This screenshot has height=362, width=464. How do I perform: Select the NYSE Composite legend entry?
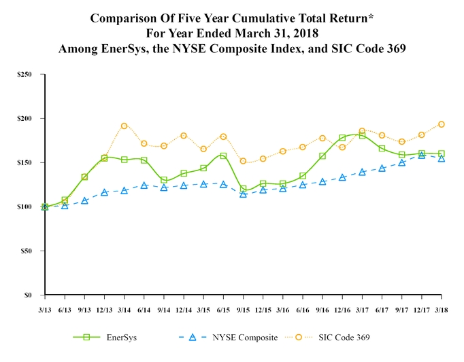pyautogui.click(x=242, y=338)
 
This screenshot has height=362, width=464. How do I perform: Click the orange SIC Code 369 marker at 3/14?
pyautogui.click(x=124, y=126)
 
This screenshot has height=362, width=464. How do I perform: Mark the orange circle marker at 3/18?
pyautogui.click(x=442, y=124)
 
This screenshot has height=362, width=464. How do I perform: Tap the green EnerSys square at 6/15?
pyautogui.click(x=223, y=156)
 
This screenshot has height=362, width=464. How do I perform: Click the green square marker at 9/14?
pyautogui.click(x=164, y=181)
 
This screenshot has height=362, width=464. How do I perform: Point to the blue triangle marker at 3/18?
pyautogui.click(x=442, y=158)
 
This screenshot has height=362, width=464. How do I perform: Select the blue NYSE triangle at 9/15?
pyautogui.click(x=243, y=194)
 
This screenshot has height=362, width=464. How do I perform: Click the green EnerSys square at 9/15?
pyautogui.click(x=243, y=189)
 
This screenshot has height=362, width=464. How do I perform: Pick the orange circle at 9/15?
pyautogui.click(x=243, y=161)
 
